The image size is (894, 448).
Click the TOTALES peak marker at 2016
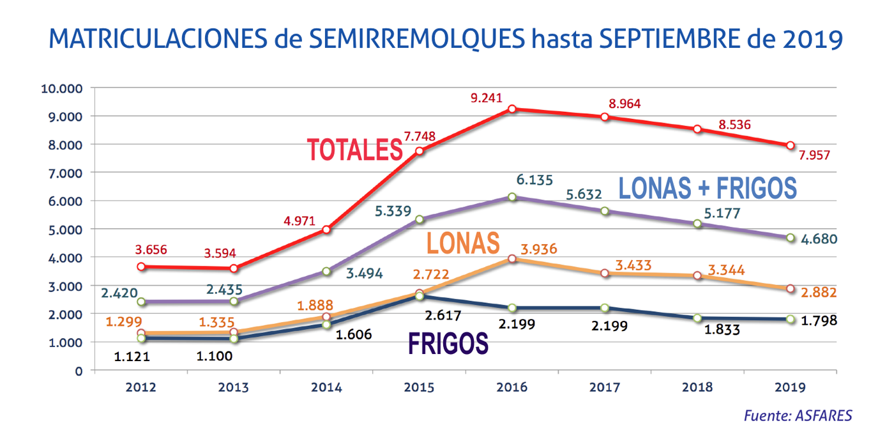[x=512, y=109]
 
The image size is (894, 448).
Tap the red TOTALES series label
[x=354, y=150]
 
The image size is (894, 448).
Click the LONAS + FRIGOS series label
[x=708, y=188]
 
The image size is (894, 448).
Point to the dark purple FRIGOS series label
[x=448, y=343]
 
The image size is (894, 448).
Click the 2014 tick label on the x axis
[x=326, y=387]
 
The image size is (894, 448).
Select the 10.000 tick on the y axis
[x=62, y=88]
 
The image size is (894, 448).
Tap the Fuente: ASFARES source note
[x=798, y=415]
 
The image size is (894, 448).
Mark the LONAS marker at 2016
[x=512, y=259]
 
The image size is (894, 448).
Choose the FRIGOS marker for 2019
[x=791, y=319]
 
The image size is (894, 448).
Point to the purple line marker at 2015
[x=420, y=220]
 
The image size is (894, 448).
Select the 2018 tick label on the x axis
[x=697, y=387]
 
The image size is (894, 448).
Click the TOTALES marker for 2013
[x=234, y=268]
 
